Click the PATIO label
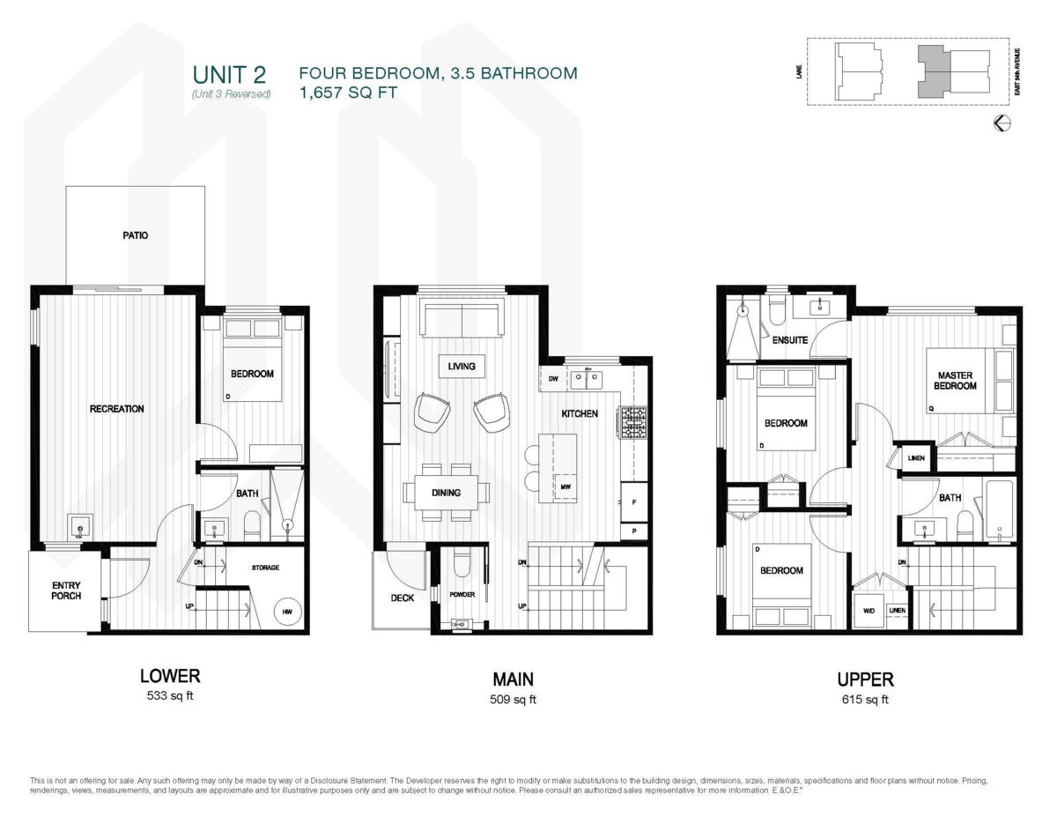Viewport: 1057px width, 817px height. point(135,236)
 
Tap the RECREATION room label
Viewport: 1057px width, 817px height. point(116,409)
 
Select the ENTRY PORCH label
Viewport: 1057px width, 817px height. point(66,590)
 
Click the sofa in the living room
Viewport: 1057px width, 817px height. point(460,318)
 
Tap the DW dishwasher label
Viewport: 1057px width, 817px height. point(553,379)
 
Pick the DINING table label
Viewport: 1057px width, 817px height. point(446,493)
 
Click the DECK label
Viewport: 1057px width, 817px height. point(403,598)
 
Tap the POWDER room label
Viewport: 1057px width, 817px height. point(462,595)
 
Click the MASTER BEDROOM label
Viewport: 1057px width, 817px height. point(956,381)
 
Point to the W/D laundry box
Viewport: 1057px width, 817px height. point(869,610)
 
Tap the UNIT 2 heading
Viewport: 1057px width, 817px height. point(229,74)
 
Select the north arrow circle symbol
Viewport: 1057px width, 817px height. point(1002,123)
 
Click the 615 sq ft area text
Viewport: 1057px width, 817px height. point(865,701)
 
